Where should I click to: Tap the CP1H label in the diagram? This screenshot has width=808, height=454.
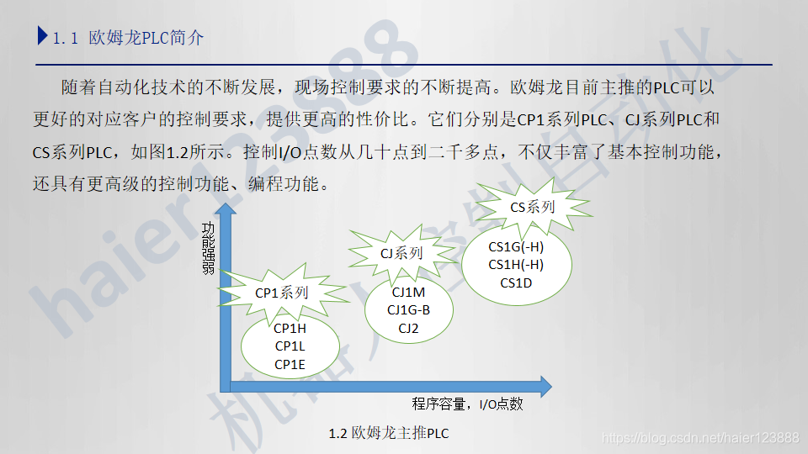[x=290, y=329]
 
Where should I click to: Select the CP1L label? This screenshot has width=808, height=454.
[x=290, y=346]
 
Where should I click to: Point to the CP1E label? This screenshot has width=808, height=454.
[x=290, y=364]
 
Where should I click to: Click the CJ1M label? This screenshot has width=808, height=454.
[x=408, y=293]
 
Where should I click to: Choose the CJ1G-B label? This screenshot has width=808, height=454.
[x=408, y=310]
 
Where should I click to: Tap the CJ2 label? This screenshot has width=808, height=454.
[x=408, y=328]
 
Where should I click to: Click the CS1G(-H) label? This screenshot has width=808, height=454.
[x=516, y=247]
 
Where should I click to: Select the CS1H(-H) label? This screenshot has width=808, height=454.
[x=516, y=265]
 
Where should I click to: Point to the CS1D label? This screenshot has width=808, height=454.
[x=516, y=282]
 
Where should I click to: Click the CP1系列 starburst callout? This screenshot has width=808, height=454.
[x=282, y=293]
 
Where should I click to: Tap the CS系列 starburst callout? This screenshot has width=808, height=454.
[x=533, y=207]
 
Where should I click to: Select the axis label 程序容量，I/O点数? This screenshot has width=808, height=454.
[x=467, y=404]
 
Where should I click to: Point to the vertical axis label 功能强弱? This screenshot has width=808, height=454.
[x=208, y=249]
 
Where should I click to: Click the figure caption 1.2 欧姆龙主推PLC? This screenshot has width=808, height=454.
[x=389, y=434]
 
